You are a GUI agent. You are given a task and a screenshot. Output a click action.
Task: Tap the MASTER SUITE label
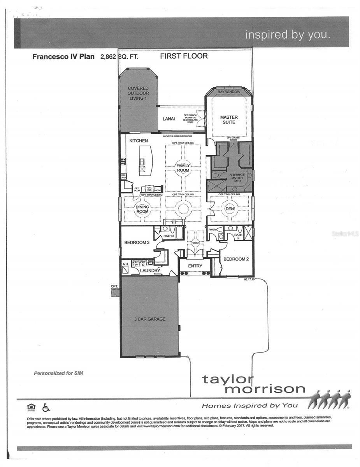pos(229,119)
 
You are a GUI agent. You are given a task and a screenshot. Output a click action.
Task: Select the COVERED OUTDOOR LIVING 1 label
pos(138,93)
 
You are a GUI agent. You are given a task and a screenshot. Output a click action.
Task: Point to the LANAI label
pos(169,119)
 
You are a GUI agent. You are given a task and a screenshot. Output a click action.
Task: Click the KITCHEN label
pos(139,140)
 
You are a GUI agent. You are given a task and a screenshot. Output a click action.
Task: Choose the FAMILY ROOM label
pos(183,168)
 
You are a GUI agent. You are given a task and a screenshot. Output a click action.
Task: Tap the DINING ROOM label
pos(142,209)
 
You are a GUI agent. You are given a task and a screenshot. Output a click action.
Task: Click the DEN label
pos(229,209)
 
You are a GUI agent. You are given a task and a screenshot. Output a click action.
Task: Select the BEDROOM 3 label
pos(137,242)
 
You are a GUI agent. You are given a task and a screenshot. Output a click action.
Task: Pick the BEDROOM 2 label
pos(236,259)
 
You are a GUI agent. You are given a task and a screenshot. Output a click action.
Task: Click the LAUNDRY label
pos(150,270)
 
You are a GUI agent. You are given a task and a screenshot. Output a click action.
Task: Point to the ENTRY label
pos(195,266)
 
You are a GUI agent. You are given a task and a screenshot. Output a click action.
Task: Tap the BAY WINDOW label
pos(229,92)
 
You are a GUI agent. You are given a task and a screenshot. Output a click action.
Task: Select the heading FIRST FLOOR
pos(184,56)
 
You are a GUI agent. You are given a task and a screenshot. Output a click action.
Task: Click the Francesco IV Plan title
pos(63,56)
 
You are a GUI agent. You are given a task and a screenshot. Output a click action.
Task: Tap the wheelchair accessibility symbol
pos(46,407)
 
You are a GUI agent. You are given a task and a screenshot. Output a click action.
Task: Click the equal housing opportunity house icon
pos(31,407)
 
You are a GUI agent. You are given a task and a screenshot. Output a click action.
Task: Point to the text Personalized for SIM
pos(58,373)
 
